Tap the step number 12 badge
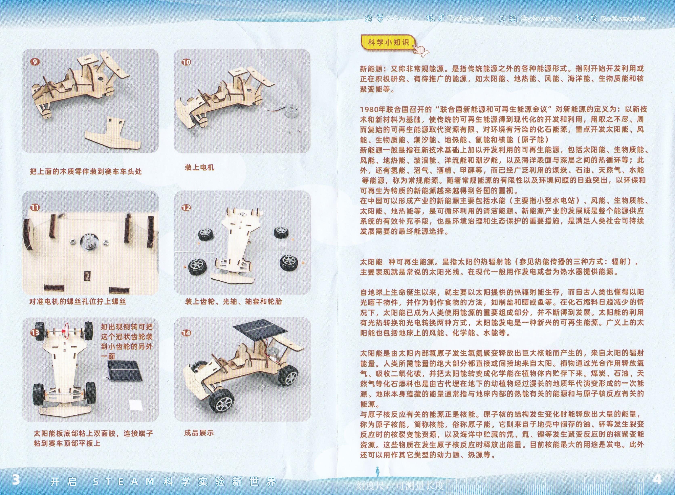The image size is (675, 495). (186, 208)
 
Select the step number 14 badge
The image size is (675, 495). (186, 333)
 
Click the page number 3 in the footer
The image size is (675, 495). (16, 480)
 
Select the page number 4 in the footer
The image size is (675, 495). (657, 480)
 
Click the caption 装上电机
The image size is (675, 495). (199, 168)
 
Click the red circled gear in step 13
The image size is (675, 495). (66, 331)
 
